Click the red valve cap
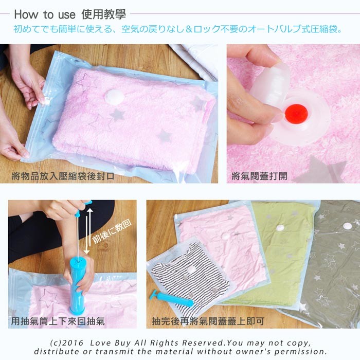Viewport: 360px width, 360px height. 296,113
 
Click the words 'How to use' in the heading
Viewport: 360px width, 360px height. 45,14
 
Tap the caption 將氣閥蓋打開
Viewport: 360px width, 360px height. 259,176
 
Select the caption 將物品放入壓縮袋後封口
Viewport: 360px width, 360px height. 63,176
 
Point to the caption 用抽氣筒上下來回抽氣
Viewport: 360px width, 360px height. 58,321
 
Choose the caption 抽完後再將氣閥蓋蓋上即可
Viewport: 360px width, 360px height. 208,321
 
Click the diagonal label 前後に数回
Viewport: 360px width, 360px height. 112,231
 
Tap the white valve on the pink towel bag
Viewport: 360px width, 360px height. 114,96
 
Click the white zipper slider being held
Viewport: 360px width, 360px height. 45,101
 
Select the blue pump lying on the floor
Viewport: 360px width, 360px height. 171,298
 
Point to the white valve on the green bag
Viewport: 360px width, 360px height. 280,228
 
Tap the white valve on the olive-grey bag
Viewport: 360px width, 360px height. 348,226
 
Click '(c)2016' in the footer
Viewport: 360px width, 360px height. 67,343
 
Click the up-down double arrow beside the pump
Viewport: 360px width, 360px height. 88,231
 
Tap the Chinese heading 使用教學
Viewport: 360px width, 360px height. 103,14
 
